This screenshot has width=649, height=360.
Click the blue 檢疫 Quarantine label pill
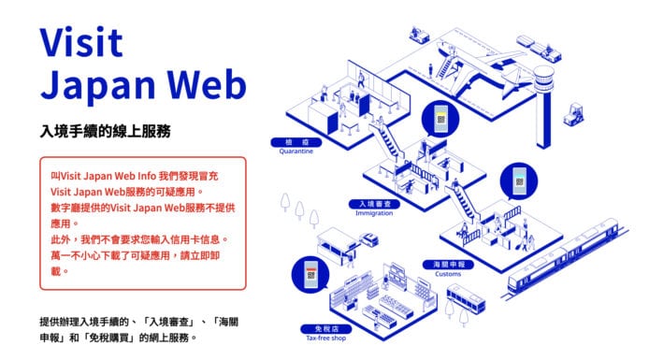tap(289, 141)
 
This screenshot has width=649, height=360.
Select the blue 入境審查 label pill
tap(373, 203)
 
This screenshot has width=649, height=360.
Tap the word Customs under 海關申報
tap(449, 274)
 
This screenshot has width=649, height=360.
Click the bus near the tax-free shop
tap(463, 299)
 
